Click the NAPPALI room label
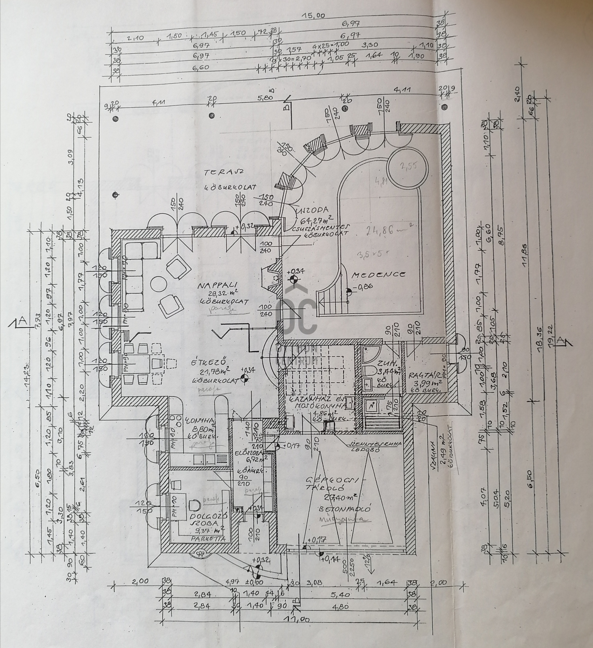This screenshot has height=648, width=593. pos(213,286)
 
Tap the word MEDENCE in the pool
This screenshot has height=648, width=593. pos(378,274)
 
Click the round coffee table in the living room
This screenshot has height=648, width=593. pos(158,283)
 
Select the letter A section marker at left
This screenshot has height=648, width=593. pos(23,322)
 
